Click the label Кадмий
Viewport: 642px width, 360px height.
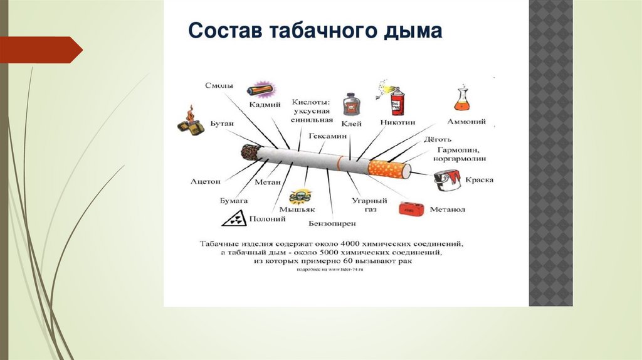[265, 105]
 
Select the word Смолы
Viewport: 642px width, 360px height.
[219, 85]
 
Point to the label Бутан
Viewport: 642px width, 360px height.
[222, 124]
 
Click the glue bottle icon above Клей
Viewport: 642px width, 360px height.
[351, 105]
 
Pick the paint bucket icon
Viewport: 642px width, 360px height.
[446, 181]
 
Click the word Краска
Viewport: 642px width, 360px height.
[479, 180]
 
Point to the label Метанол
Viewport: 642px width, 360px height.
[447, 209]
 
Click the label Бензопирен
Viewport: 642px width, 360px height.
[332, 223]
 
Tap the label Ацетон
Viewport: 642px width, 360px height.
[206, 181]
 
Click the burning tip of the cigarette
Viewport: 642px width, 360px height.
[250, 152]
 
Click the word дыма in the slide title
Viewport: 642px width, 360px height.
[409, 31]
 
